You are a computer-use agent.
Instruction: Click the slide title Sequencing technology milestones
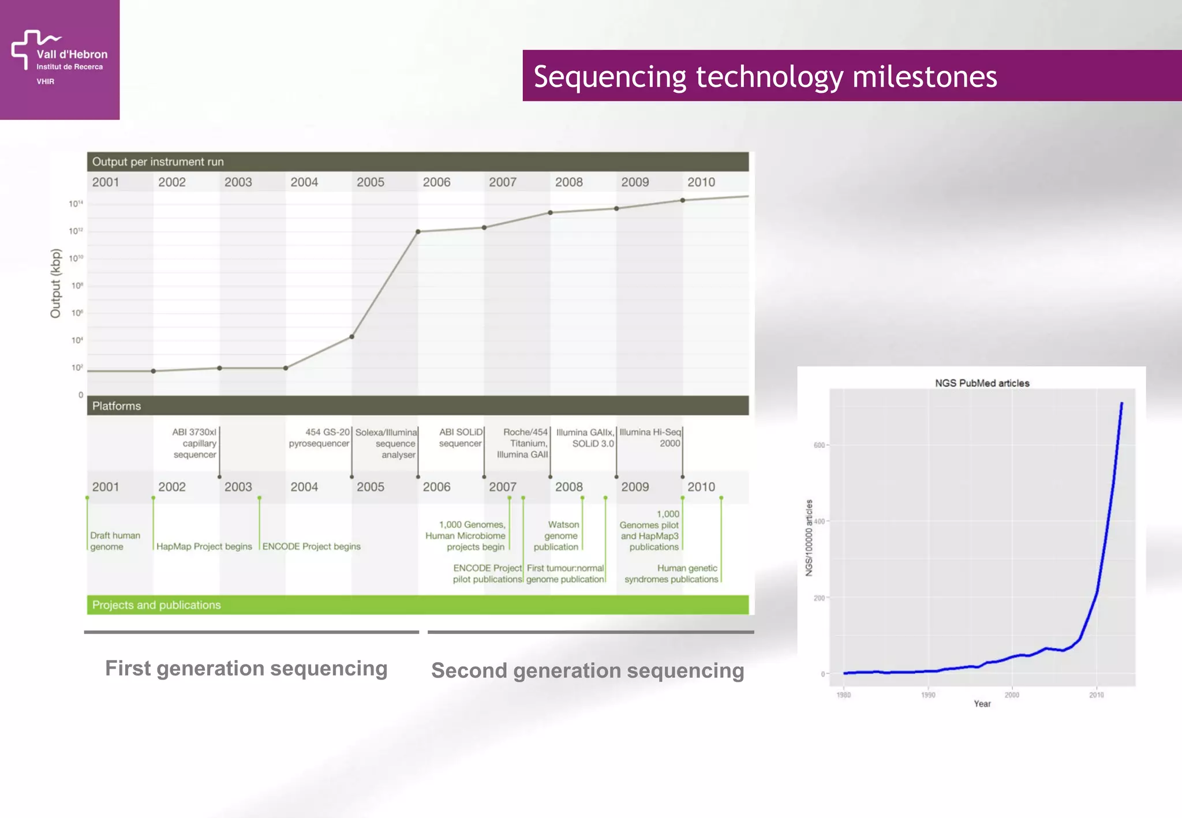pyautogui.click(x=765, y=77)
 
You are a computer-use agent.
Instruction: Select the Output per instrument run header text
pyautogui.click(x=158, y=162)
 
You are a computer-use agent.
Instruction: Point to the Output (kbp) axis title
pyautogui.click(x=55, y=283)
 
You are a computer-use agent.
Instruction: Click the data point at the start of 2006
pyautogui.click(x=418, y=232)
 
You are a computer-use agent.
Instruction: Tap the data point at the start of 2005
pyautogui.click(x=352, y=337)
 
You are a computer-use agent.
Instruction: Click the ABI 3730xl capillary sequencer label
pyautogui.click(x=194, y=443)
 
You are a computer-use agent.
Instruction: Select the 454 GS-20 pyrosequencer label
pyautogui.click(x=320, y=438)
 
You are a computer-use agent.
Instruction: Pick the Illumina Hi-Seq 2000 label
pyautogui.click(x=650, y=438)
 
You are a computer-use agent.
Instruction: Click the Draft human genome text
pyautogui.click(x=115, y=541)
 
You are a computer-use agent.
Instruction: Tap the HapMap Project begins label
pyautogui.click(x=204, y=546)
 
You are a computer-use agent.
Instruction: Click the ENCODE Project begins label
pyautogui.click(x=311, y=546)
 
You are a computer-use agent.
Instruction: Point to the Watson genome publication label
pyautogui.click(x=557, y=536)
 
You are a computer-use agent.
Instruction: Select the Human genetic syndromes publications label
pyautogui.click(x=671, y=574)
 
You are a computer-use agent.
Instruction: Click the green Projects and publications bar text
pyautogui.click(x=156, y=605)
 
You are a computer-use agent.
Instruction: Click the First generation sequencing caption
pyautogui.click(x=246, y=669)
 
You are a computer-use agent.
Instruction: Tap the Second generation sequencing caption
pyautogui.click(x=588, y=671)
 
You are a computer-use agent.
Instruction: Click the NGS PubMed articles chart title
pyautogui.click(x=982, y=383)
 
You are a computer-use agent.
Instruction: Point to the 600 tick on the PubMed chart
pyautogui.click(x=819, y=445)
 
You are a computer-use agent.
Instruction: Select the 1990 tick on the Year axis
pyautogui.click(x=928, y=695)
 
